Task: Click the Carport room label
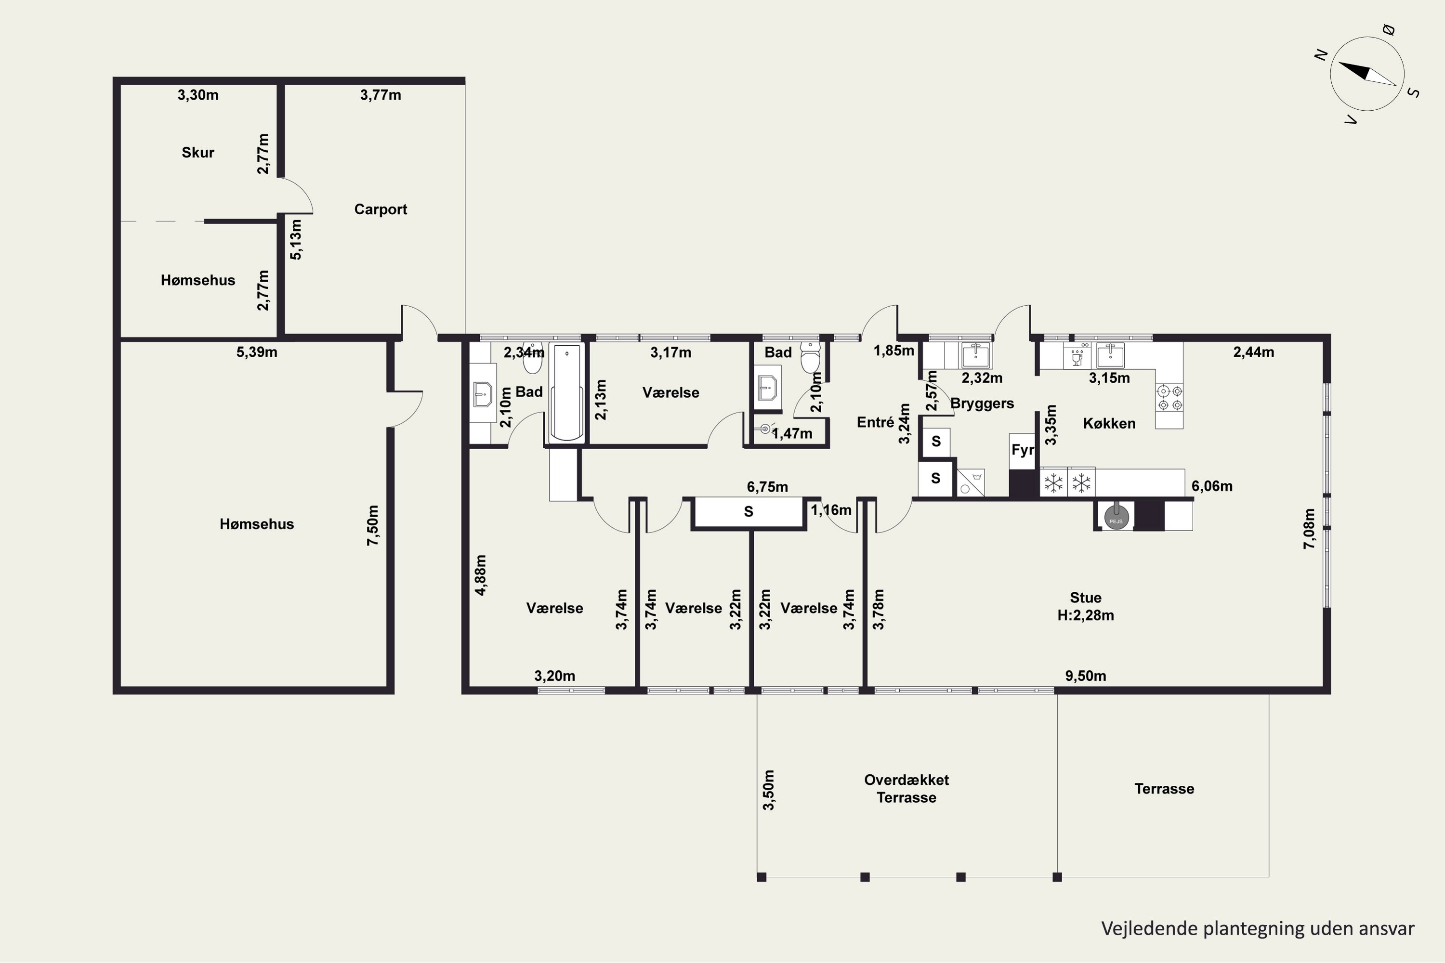(x=381, y=209)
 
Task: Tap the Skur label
(x=198, y=152)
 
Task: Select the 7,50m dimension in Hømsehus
(x=373, y=525)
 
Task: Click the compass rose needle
(x=1367, y=73)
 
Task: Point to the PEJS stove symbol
(x=1116, y=517)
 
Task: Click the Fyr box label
(x=1022, y=450)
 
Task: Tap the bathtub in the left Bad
(x=566, y=392)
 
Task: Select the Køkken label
(x=1109, y=423)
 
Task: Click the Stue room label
(x=1086, y=598)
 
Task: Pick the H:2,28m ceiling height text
(x=1086, y=615)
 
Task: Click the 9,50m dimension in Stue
(x=1086, y=676)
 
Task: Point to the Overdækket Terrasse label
(x=906, y=789)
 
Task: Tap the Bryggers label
(x=982, y=403)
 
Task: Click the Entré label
(x=876, y=422)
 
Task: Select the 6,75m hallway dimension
(x=767, y=487)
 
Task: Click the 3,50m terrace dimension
(x=769, y=790)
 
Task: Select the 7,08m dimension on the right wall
(x=1309, y=529)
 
